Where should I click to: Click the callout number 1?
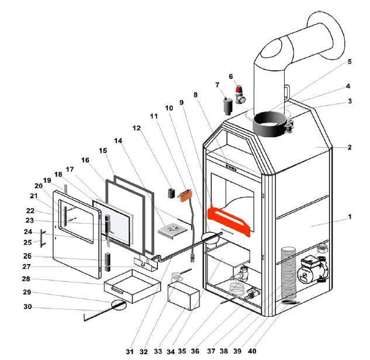click(x=350, y=216)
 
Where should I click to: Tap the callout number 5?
click(x=350, y=61)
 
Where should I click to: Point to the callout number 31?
click(x=129, y=351)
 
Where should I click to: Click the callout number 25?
click(x=27, y=242)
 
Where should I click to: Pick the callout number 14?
click(x=119, y=141)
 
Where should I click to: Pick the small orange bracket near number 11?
click(x=186, y=195)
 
